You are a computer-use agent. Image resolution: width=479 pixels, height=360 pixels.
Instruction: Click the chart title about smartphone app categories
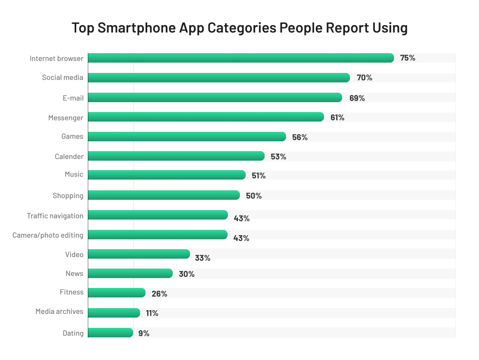coord(239,28)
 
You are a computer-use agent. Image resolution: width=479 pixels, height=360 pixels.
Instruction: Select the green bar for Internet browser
coord(241,58)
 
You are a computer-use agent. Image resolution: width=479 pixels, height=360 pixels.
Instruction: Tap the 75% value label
coord(407,58)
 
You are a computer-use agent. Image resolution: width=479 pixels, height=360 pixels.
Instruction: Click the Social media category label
coord(62,77)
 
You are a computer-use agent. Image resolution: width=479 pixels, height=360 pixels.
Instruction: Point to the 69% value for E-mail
coord(357,98)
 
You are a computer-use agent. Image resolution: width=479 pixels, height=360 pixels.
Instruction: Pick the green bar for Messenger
coord(206,117)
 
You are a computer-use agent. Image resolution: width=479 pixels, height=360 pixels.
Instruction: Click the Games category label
coord(72,136)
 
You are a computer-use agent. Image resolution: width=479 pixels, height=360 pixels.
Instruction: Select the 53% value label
coord(278,157)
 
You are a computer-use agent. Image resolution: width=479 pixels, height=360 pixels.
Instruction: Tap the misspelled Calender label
coord(69,157)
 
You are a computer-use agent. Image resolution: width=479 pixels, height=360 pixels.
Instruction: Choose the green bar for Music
coord(167,175)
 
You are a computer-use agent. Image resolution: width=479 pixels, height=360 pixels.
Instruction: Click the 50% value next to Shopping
coord(254,196)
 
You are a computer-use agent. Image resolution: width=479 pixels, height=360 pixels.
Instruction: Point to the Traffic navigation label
coord(55,216)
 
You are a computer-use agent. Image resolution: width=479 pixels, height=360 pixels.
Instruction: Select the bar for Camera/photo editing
coord(157,235)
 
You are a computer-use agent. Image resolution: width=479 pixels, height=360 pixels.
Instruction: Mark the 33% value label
coord(202,258)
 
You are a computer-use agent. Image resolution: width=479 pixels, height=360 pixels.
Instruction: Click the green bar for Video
coord(139,254)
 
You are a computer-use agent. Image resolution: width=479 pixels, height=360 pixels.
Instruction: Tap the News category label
coord(74,274)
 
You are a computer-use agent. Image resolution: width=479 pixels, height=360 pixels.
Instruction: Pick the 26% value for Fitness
coord(159,294)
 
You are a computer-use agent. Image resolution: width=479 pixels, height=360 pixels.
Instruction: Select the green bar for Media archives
coord(114,313)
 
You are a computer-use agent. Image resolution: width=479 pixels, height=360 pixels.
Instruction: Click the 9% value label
coord(144,333)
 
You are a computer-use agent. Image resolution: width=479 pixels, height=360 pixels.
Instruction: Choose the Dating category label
coord(73,333)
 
